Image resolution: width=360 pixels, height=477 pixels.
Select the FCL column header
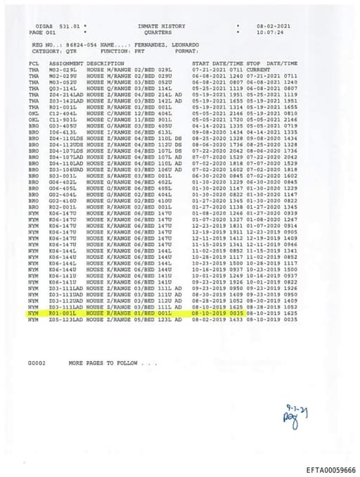pyautogui.click(x=34, y=63)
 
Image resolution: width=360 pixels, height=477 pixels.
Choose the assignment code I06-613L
pyautogui.click(x=62, y=132)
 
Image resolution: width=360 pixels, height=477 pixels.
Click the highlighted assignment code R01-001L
pyautogui.click(x=62, y=312)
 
